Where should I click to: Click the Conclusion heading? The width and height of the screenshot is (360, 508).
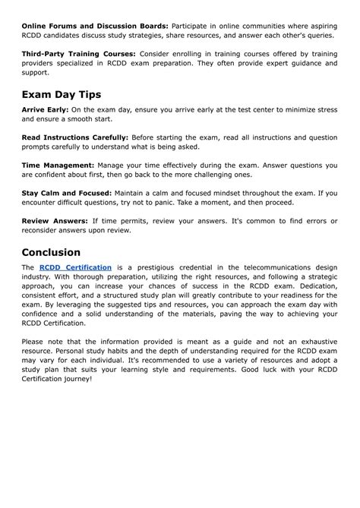(62, 251)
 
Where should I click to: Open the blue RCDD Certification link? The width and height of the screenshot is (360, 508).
(75, 268)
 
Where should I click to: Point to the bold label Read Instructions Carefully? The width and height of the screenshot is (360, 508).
(75, 137)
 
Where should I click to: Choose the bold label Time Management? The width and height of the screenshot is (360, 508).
(58, 165)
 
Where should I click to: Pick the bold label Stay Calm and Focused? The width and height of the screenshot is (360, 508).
(66, 193)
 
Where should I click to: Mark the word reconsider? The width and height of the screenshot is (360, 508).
(45, 231)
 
